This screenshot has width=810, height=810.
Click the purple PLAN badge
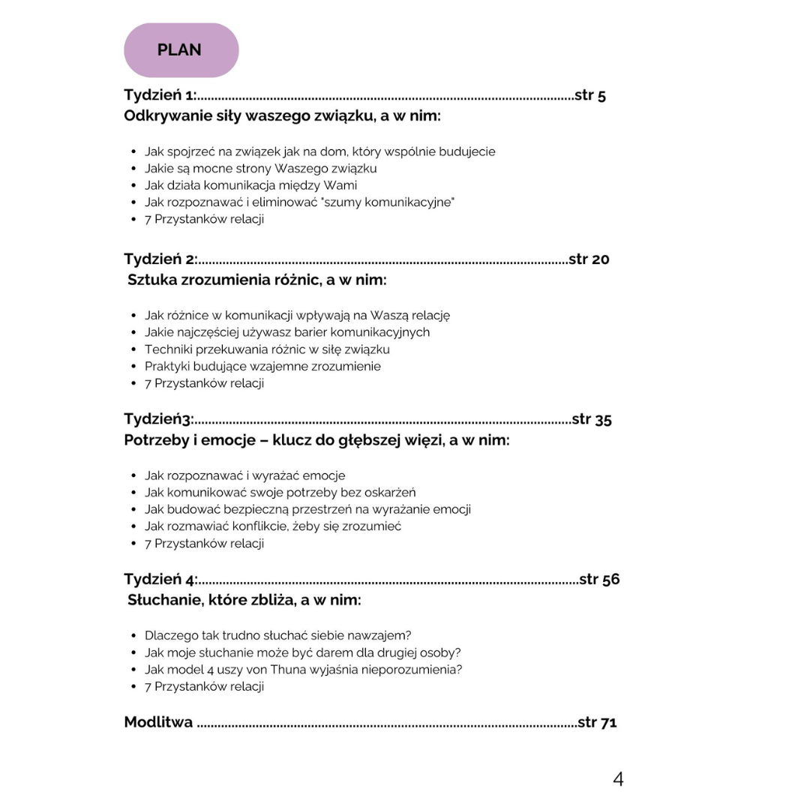181,50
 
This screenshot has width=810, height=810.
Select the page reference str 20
589,259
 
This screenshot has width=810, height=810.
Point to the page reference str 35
591,419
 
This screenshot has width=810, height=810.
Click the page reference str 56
599,579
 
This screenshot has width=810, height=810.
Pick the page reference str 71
597,722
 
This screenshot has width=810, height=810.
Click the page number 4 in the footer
618,779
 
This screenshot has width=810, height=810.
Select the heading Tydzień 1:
160,95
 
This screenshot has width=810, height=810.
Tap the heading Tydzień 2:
160,259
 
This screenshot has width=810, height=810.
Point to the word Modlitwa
158,722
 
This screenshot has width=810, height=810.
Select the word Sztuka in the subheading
151,280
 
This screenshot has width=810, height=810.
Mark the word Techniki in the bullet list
168,349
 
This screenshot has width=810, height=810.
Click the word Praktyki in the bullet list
168,367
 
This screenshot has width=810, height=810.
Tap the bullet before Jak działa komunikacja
133,186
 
